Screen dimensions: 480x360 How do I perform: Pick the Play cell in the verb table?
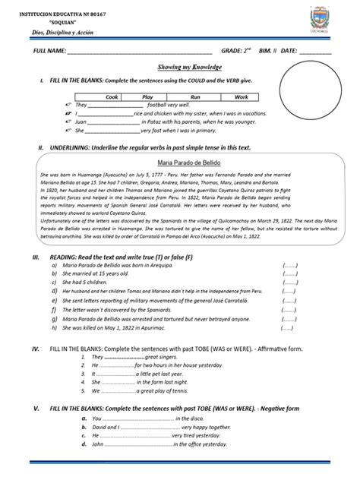click(148, 97)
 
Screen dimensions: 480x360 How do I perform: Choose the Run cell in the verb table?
click(195, 97)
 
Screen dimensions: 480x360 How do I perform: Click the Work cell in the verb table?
click(241, 97)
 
